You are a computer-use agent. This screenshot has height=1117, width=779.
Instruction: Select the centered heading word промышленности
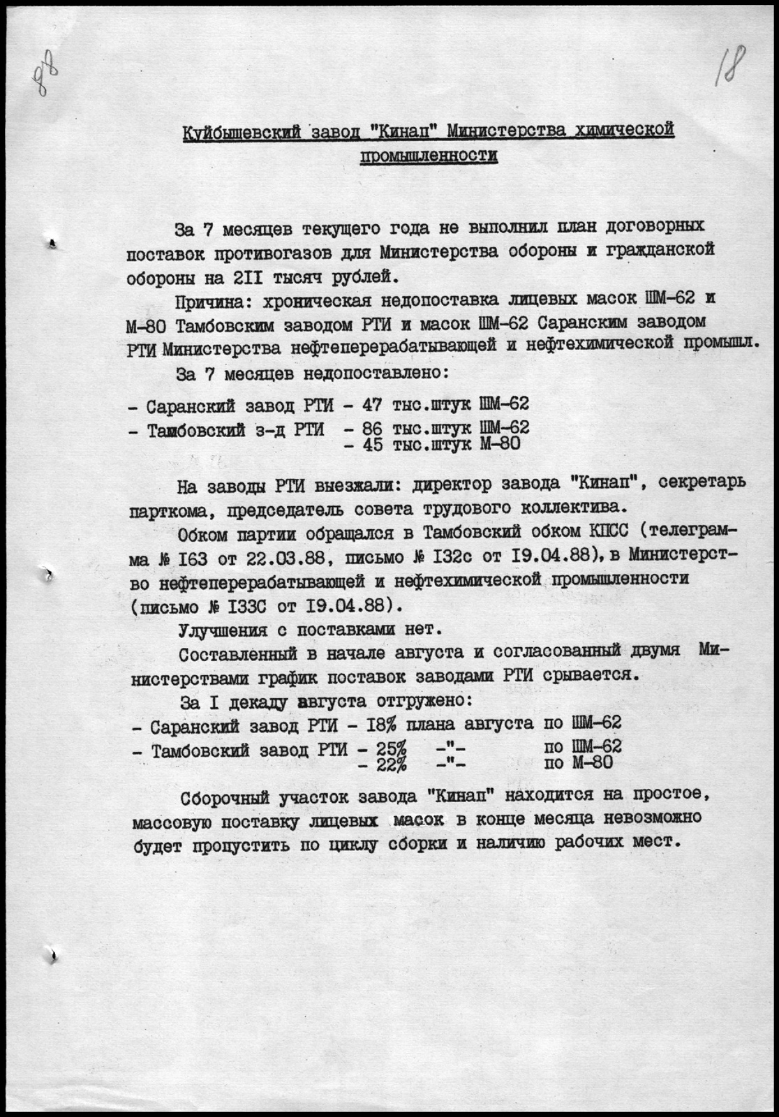[429, 157]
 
